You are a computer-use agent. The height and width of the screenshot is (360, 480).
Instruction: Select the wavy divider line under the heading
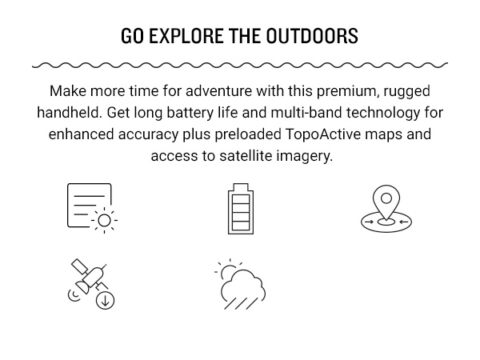point(240,64)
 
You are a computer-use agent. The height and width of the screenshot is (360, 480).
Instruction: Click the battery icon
point(240,209)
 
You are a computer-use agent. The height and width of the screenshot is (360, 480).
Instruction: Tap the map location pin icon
point(386,209)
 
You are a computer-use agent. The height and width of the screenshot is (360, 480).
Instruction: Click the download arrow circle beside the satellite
point(105,301)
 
